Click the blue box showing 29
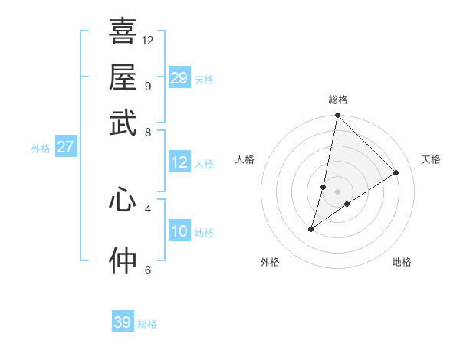179,78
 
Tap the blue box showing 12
179,162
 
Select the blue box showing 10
179,231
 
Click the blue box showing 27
65,147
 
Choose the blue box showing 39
123,322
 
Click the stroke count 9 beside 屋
147,86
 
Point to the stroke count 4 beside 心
147,208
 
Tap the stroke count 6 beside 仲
147,270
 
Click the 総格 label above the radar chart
338,100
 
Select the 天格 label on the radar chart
431,159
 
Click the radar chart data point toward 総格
337,116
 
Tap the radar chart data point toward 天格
396,172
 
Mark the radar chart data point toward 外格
311,229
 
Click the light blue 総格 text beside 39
147,324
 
